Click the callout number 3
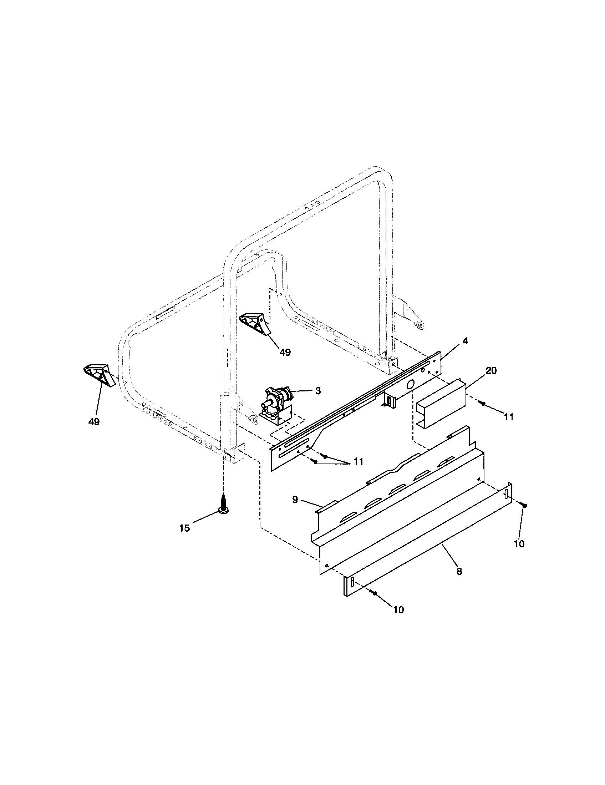click(x=317, y=391)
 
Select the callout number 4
click(x=465, y=341)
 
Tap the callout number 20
click(x=491, y=371)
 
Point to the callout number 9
click(x=295, y=500)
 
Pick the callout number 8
click(x=459, y=571)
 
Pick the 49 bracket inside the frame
click(x=254, y=323)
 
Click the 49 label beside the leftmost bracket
click(x=94, y=422)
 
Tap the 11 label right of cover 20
click(x=508, y=417)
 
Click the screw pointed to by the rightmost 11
click(x=484, y=404)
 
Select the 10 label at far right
click(x=519, y=544)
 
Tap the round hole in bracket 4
click(x=410, y=385)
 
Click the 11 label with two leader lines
click(x=358, y=461)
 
